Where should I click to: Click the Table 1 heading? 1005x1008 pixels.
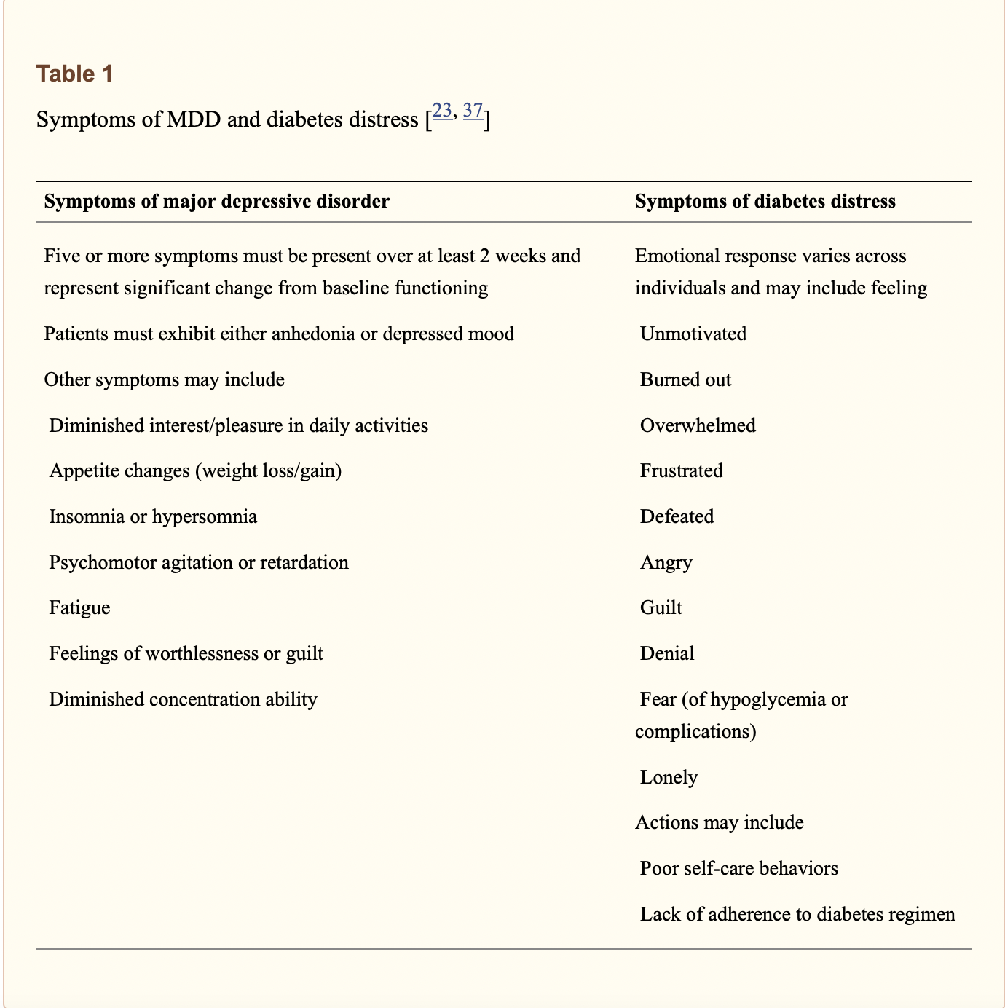point(75,74)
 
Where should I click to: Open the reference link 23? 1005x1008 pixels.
point(442,111)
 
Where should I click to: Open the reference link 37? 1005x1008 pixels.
point(473,111)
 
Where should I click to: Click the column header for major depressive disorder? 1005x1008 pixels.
point(216,202)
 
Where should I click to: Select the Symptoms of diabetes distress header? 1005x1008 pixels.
point(765,202)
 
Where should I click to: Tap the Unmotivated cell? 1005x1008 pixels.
point(693,334)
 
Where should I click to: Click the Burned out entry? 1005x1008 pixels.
point(685,379)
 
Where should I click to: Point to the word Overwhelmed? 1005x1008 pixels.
point(698,425)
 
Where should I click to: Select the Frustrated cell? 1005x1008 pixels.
point(681,470)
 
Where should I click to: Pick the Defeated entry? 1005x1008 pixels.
point(677,516)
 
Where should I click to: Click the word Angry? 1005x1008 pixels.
point(666,562)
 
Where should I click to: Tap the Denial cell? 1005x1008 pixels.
point(667,653)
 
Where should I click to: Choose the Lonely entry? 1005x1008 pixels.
point(669,777)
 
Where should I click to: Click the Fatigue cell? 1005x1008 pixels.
point(79,607)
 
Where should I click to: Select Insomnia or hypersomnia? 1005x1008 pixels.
point(153,516)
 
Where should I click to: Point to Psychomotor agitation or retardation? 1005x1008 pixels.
point(199,562)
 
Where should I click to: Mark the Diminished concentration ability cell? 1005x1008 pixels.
point(183,699)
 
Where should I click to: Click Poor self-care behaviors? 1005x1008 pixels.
point(738,868)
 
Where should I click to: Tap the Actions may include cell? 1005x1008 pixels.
point(719,822)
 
